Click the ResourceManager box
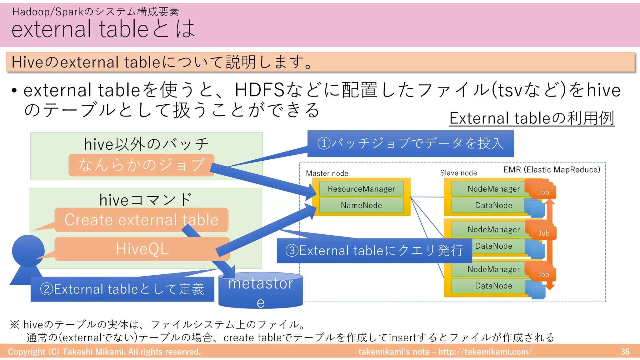361,189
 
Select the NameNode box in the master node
361,205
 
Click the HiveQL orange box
142,249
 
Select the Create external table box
141,220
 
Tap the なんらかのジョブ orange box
141,165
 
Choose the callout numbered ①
410,143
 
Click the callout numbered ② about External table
122,289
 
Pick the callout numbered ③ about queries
374,251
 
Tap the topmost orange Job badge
543,192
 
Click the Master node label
327,173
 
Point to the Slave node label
458,173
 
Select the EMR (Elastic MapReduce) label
552,170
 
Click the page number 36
625,352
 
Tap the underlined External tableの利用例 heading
532,118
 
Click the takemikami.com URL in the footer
485,352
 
